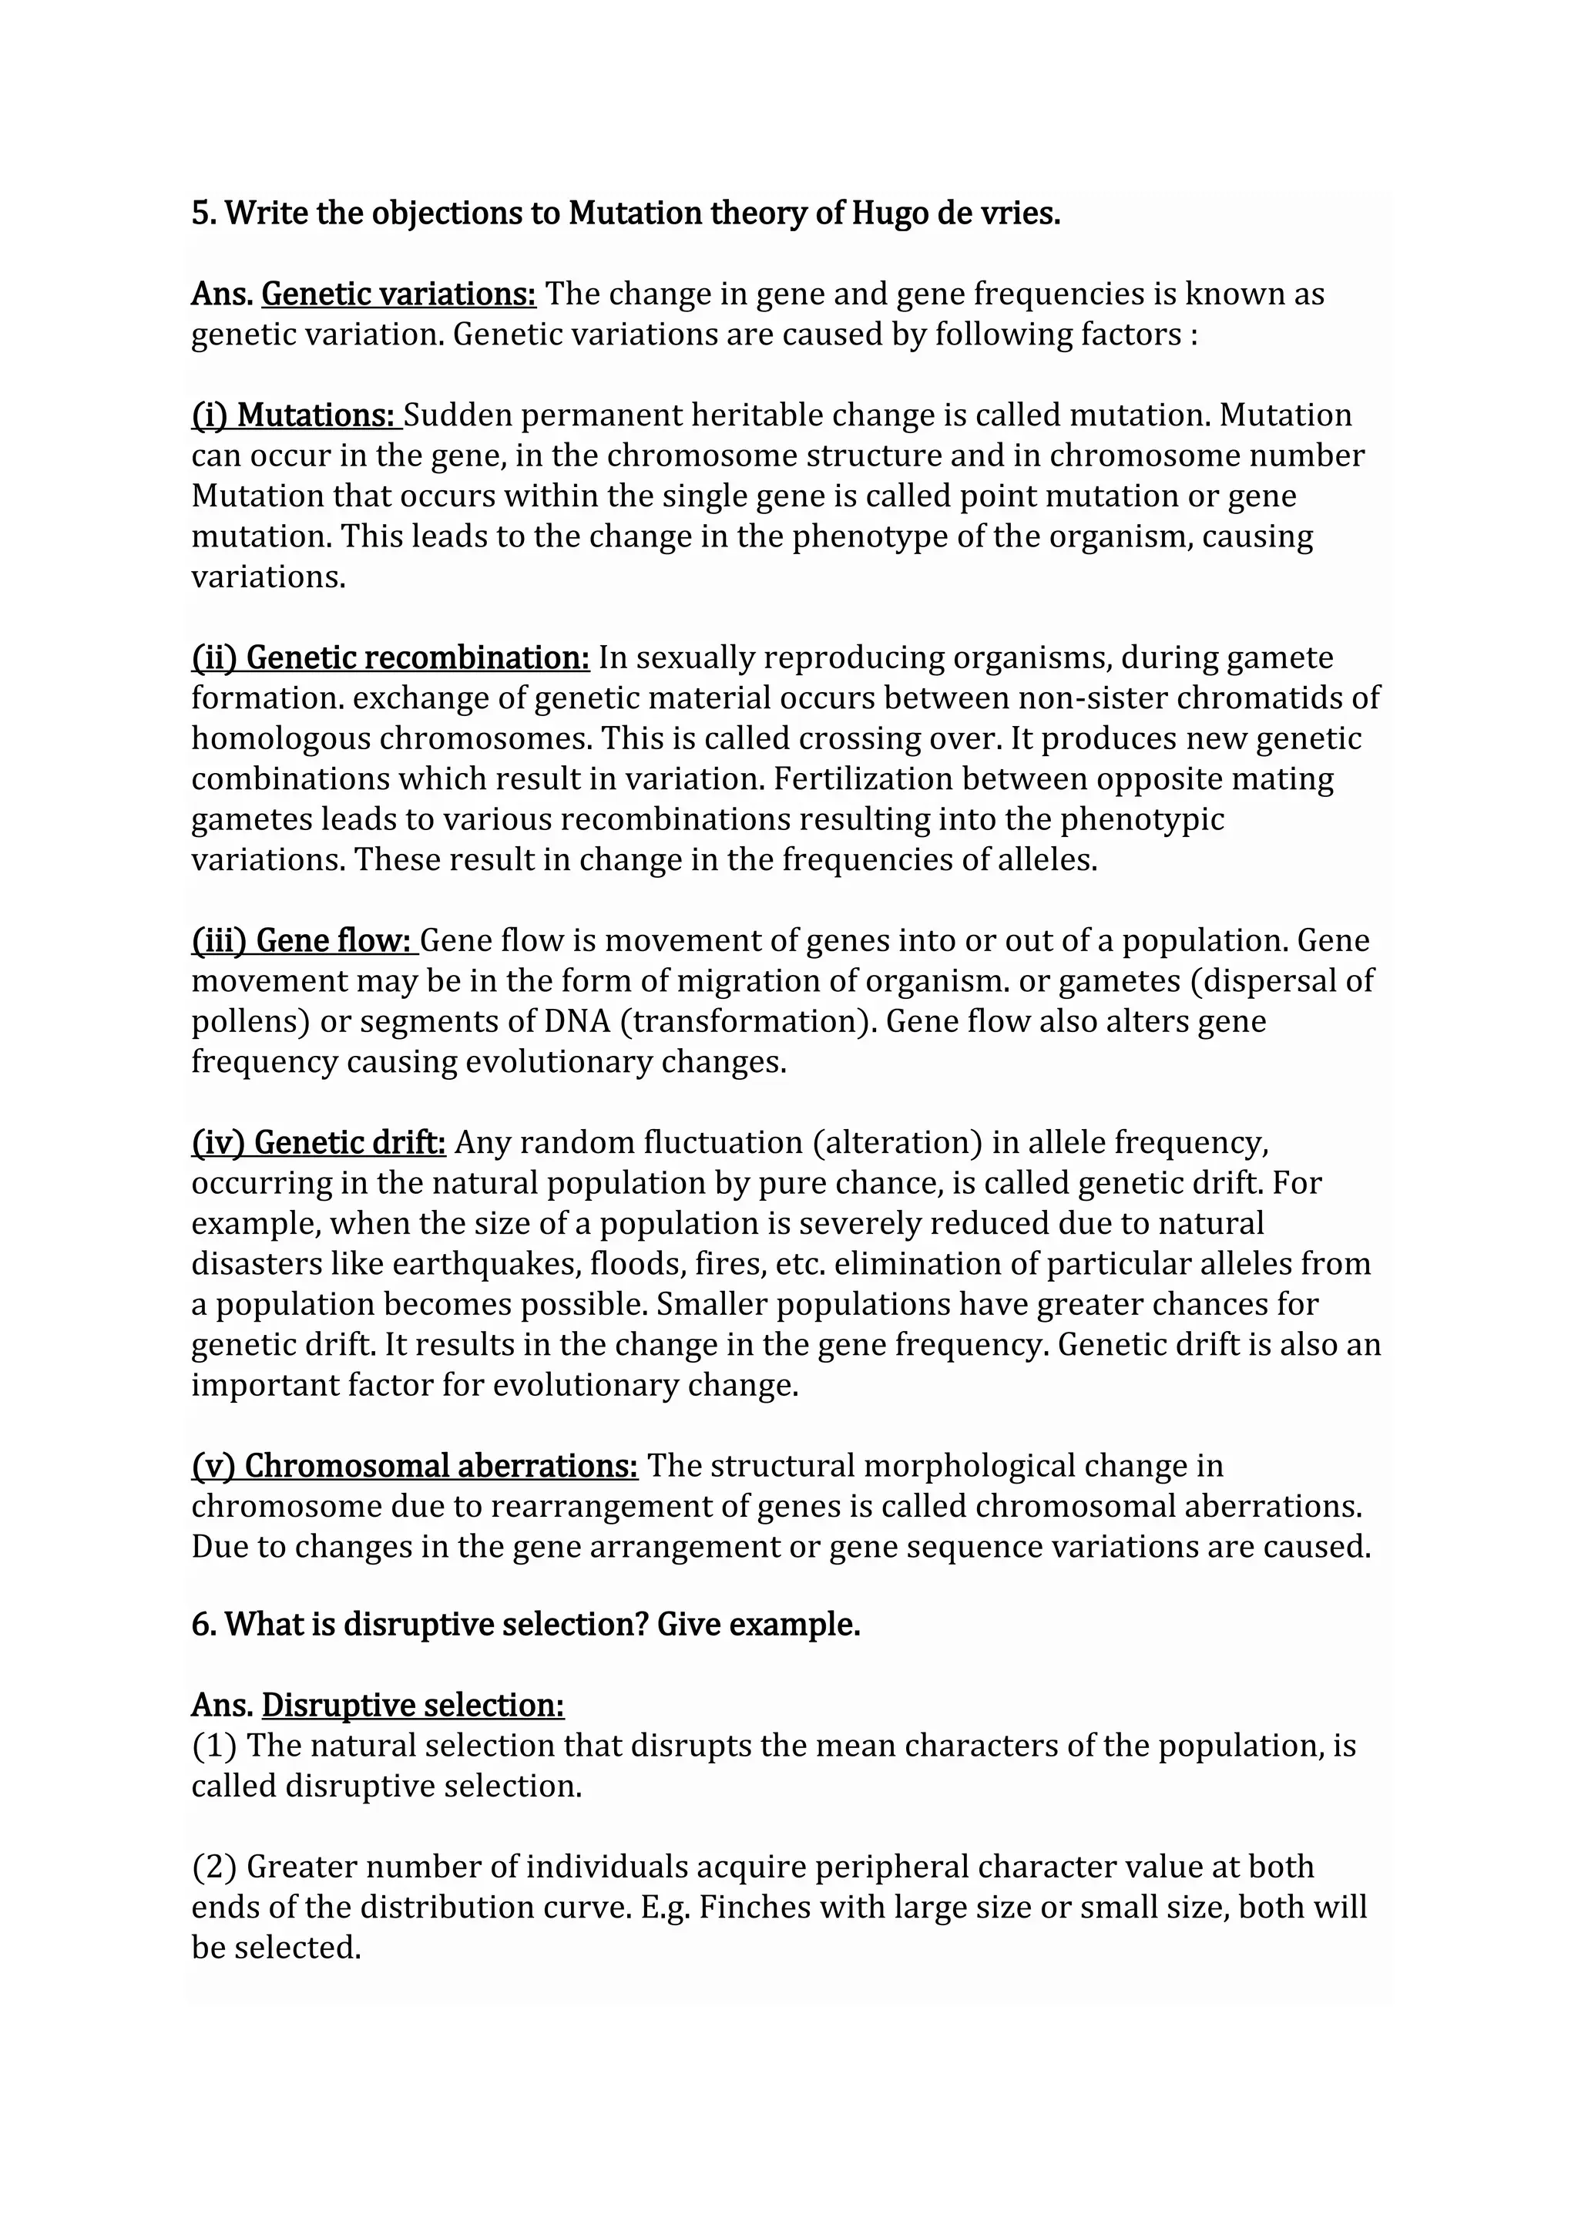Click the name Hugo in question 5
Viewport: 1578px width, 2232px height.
[x=889, y=213]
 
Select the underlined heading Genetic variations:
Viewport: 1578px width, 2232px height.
[x=398, y=294]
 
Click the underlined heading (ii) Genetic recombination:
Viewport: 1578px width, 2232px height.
[x=390, y=658]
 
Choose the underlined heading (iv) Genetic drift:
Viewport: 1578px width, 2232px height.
[x=317, y=1142]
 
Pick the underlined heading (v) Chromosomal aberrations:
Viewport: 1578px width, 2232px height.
[x=414, y=1466]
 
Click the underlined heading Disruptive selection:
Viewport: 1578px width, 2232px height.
[x=413, y=1705]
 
